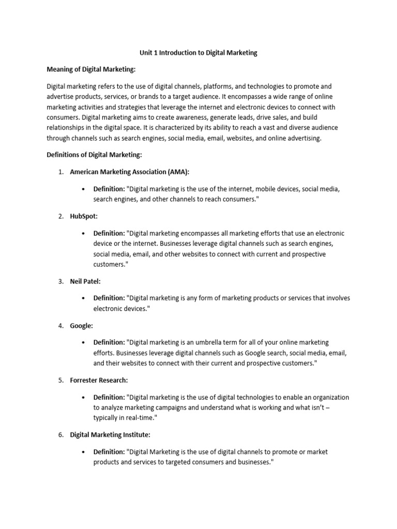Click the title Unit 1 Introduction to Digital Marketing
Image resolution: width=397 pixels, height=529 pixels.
(x=198, y=53)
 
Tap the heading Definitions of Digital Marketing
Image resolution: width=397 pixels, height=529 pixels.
(x=94, y=154)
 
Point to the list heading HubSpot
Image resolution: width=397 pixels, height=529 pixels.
(x=84, y=216)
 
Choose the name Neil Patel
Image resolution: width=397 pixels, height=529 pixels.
(x=86, y=281)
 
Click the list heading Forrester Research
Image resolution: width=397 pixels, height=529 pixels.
(x=99, y=380)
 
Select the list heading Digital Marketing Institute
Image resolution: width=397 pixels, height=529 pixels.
(x=110, y=434)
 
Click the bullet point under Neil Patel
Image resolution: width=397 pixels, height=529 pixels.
(x=83, y=298)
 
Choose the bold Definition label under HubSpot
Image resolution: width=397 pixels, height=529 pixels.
(x=109, y=233)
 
